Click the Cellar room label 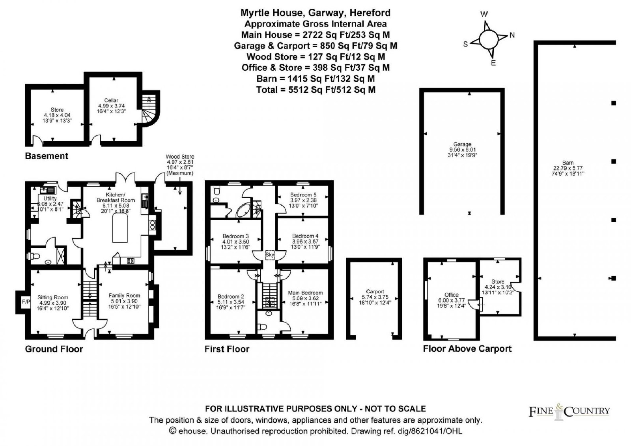pos(111,100)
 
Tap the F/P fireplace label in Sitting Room pos(26,302)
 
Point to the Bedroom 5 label pos(303,195)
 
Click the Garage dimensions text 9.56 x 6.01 pos(462,150)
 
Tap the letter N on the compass pos(512,35)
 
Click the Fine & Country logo pos(569,412)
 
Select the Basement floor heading pos(47,156)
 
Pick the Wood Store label pos(180,156)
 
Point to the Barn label pos(568,163)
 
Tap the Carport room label pos(375,292)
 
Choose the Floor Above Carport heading pos(467,349)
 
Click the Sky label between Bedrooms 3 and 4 pos(270,255)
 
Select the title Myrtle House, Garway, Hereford pos(315,13)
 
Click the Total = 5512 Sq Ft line pos(315,90)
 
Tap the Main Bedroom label pos(305,293)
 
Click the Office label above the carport pos(451,295)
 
